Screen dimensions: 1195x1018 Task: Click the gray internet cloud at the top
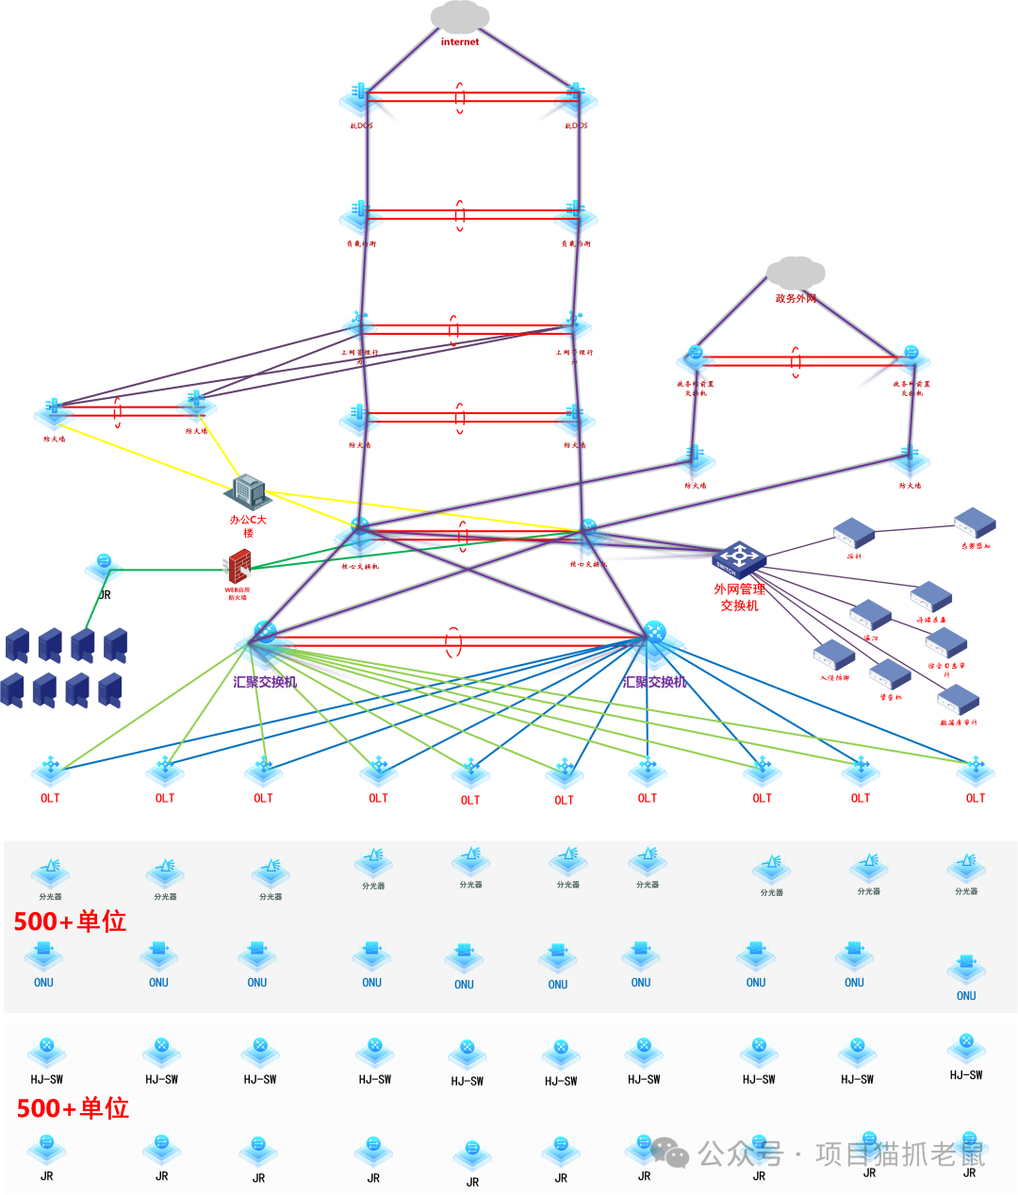point(460,17)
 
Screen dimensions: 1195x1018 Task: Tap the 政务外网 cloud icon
point(796,274)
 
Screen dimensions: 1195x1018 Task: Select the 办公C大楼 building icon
point(249,490)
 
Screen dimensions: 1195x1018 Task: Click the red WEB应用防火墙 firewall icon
point(239,567)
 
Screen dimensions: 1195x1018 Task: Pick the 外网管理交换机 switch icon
point(738,559)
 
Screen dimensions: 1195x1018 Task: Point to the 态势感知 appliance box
point(975,523)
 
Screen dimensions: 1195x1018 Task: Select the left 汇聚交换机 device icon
point(265,635)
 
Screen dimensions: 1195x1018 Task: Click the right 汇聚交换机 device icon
point(655,634)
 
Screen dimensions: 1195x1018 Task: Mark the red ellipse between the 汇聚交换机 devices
point(453,642)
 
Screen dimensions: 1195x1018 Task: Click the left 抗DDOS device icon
point(360,97)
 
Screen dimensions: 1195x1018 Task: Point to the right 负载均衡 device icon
point(574,216)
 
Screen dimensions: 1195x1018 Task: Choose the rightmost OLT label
point(976,798)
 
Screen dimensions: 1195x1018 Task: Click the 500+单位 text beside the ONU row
point(70,921)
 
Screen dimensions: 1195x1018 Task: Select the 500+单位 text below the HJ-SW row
point(73,1108)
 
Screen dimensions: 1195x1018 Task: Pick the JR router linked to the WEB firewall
point(104,567)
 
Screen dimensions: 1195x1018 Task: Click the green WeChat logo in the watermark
point(670,1152)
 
